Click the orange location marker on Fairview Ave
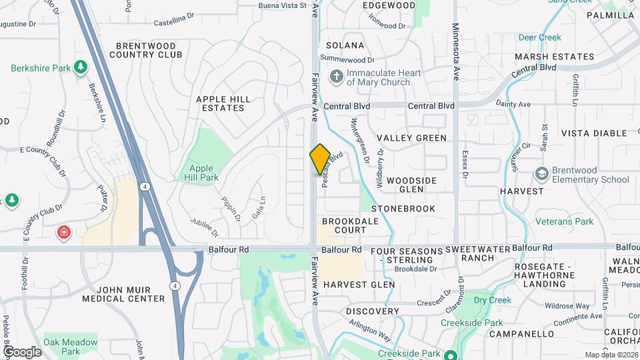pyautogui.click(x=320, y=159)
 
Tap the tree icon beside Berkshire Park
pyautogui.click(x=81, y=67)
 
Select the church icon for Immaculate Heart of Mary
pyautogui.click(x=337, y=77)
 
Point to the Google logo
pyautogui.click(x=22, y=352)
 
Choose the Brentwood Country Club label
pyautogui.click(x=149, y=50)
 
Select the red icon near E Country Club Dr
pyautogui.click(x=64, y=233)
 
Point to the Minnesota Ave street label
pyautogui.click(x=456, y=51)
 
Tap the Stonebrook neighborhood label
pyautogui.click(x=403, y=209)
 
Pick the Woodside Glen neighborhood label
pyautogui.click(x=411, y=185)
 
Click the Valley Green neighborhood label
pyautogui.click(x=411, y=138)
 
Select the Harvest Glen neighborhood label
pyautogui.click(x=359, y=285)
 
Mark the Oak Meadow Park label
pyautogui.click(x=71, y=347)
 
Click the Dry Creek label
pyautogui.click(x=492, y=301)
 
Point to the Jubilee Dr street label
pyautogui.click(x=204, y=226)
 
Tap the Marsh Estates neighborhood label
pyautogui.click(x=554, y=57)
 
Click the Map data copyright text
pyautogui.click(x=611, y=355)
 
